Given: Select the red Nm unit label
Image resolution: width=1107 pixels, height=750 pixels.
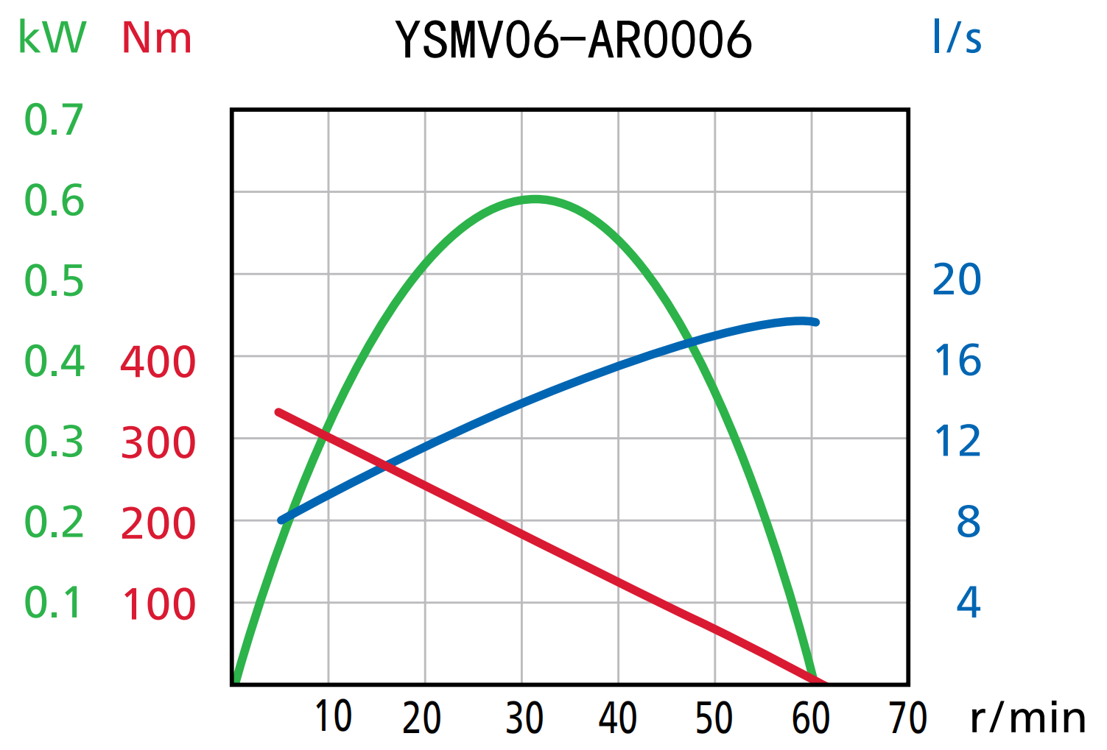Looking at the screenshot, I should pyautogui.click(x=157, y=38).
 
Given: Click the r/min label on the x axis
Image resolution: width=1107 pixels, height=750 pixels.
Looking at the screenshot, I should pyautogui.click(x=1028, y=718).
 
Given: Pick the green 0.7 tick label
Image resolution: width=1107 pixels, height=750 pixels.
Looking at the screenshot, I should pyautogui.click(x=54, y=120).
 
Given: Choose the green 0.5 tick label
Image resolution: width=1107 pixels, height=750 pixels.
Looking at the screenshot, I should pyautogui.click(x=54, y=281).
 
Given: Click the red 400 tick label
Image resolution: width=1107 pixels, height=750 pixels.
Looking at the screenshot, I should pyautogui.click(x=158, y=362).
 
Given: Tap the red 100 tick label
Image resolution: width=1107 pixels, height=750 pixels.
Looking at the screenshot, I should pyautogui.click(x=158, y=604).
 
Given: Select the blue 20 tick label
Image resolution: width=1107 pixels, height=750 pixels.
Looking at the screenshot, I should pyautogui.click(x=957, y=280).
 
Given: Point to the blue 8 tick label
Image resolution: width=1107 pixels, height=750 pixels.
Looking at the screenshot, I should pyautogui.click(x=969, y=522).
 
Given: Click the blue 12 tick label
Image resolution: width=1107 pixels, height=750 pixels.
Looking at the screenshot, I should pyautogui.click(x=957, y=442).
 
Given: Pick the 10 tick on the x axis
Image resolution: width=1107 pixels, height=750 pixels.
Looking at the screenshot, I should pyautogui.click(x=333, y=717).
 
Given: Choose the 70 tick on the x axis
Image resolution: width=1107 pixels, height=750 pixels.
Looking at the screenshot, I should pyautogui.click(x=907, y=718).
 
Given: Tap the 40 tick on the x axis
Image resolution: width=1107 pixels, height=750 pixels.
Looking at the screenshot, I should pyautogui.click(x=617, y=718).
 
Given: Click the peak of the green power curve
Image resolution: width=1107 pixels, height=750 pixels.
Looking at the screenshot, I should pyautogui.click(x=535, y=199).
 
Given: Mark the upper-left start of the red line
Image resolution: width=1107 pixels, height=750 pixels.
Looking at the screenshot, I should pyautogui.click(x=278, y=412).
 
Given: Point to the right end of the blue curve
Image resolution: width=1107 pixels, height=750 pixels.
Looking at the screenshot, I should pyautogui.click(x=815, y=322).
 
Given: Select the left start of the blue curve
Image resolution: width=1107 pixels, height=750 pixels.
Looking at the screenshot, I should pyautogui.click(x=281, y=520).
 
